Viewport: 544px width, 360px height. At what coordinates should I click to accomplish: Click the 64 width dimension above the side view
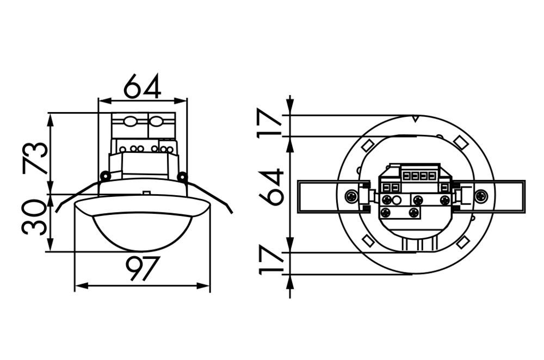143,86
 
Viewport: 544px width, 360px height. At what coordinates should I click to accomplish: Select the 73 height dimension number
35,158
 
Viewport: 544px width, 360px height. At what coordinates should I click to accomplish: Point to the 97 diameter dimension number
142,269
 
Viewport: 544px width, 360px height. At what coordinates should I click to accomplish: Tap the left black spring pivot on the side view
105,176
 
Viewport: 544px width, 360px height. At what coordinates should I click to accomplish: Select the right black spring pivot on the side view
182,177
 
